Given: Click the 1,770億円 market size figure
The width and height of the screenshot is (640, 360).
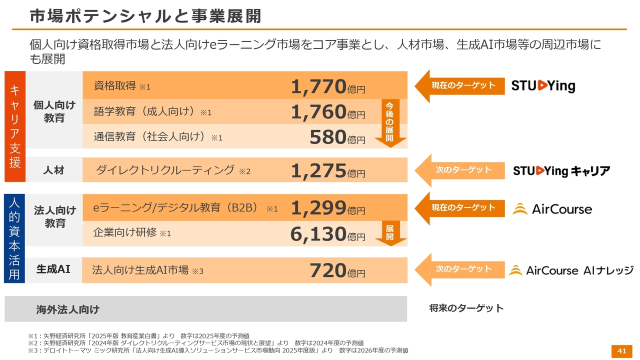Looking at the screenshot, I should (x=328, y=86).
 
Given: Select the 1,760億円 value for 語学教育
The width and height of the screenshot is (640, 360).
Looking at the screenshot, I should (x=328, y=112).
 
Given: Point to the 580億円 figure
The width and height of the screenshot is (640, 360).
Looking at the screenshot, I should (x=337, y=137).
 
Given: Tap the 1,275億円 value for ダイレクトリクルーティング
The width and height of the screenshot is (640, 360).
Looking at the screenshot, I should (x=328, y=171).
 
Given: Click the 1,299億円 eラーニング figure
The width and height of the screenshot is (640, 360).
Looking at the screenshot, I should (x=328, y=208).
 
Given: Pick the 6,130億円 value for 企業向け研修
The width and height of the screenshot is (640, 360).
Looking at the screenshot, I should (x=328, y=233).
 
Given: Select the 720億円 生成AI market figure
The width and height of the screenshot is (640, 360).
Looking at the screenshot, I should (x=337, y=270).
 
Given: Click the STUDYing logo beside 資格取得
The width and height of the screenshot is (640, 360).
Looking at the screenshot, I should (x=543, y=86).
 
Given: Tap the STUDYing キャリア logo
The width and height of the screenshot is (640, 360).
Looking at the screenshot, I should (x=561, y=171).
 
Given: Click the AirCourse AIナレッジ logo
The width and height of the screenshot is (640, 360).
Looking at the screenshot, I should (x=571, y=270).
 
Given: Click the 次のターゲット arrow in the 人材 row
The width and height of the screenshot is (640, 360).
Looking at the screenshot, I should (x=462, y=170).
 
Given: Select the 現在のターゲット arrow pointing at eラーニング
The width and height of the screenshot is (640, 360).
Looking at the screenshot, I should (x=462, y=207).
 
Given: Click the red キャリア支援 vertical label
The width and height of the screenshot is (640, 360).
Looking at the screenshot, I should (x=14, y=126).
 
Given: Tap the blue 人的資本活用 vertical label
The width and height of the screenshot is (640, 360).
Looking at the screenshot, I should (x=14, y=238).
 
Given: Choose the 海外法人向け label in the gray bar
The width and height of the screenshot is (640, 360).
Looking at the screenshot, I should (x=67, y=309).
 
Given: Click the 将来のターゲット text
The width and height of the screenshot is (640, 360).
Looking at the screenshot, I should (x=466, y=308).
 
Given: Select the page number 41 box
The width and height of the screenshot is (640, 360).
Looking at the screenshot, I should (x=622, y=350).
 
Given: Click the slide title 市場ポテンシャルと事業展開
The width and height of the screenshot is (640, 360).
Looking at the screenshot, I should (x=145, y=16).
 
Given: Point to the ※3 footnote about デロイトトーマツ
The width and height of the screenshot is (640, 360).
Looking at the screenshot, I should (x=218, y=350).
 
